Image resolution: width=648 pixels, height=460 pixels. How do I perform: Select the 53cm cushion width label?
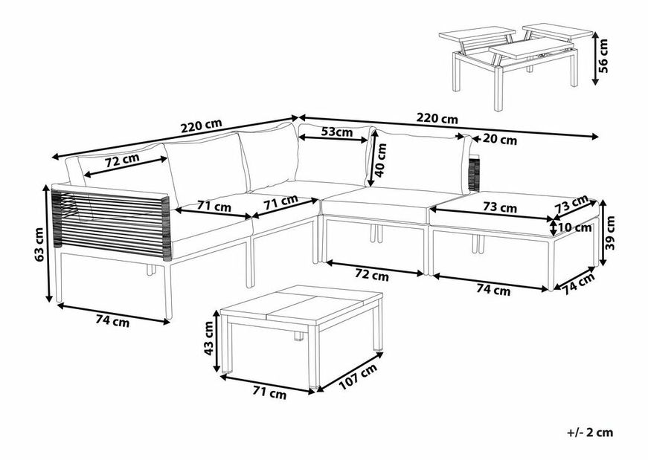coord(337,133)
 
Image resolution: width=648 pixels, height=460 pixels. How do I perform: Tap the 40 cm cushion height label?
coord(381,158)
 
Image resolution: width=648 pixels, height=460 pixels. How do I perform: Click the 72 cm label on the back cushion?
coord(122,161)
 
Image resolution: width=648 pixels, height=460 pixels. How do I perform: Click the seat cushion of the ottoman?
coord(513,212)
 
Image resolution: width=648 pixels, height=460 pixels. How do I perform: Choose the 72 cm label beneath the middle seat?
coord(372,275)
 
